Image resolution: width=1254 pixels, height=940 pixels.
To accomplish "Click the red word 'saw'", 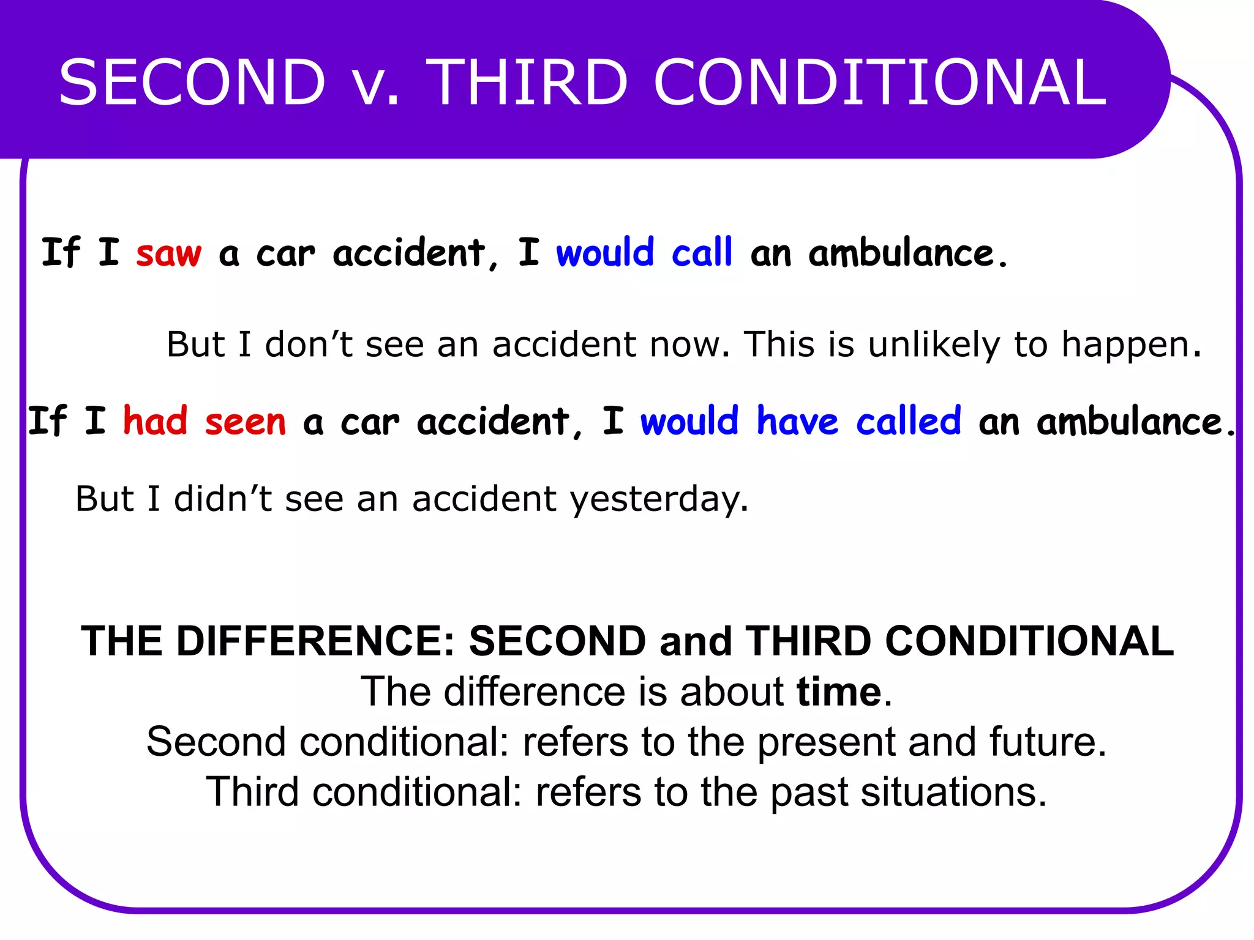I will click(168, 253).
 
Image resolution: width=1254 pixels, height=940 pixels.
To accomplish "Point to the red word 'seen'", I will click(246, 422).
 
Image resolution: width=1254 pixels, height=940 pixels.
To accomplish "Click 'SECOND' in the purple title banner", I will click(192, 83).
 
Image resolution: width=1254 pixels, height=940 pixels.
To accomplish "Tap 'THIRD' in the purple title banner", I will click(527, 83).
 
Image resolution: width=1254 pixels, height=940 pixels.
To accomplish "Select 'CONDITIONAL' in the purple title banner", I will click(880, 83).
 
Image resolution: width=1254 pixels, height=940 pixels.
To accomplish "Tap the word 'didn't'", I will click(223, 498).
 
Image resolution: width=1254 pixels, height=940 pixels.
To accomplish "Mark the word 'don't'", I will click(309, 344).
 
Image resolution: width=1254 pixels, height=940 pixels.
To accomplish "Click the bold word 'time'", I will click(839, 692).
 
